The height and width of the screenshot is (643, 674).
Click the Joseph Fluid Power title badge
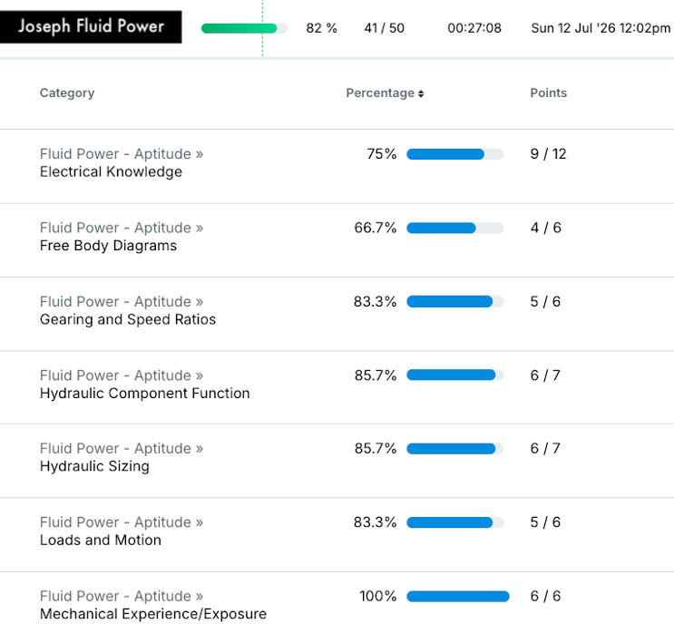point(91,26)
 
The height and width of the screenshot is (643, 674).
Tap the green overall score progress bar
point(244,28)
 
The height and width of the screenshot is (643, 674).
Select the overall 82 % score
point(321,28)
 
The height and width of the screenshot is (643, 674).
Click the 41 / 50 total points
point(385,28)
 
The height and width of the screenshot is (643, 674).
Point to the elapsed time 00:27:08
point(474,28)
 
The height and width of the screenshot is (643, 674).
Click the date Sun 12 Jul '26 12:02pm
point(601,28)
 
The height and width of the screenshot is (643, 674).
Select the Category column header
point(67,93)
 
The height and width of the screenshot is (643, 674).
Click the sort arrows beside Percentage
point(421,93)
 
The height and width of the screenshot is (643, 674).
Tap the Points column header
point(549,93)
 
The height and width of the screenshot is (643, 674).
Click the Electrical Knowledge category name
point(111,172)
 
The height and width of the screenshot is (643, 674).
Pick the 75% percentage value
point(382,154)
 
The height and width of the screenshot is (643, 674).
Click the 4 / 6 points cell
point(546,228)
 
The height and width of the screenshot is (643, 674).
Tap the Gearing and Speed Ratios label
point(128,319)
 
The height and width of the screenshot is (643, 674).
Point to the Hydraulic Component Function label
point(145,394)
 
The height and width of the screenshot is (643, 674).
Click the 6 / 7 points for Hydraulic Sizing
point(545,449)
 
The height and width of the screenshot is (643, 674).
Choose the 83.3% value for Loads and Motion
point(376,522)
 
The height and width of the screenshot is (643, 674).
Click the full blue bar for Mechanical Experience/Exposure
point(458,597)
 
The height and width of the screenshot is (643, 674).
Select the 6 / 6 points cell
point(545,596)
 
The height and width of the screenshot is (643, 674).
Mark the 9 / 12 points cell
point(549,154)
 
